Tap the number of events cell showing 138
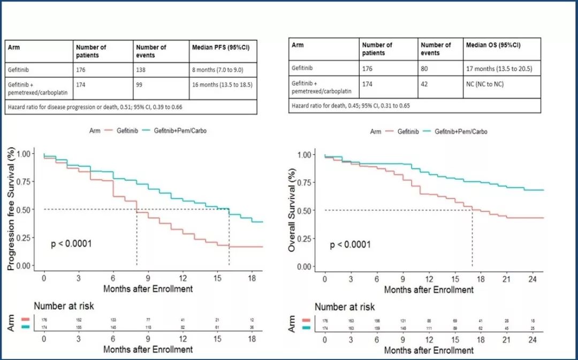(141, 70)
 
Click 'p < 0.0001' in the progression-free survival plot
(71, 244)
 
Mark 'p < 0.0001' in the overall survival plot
(350, 245)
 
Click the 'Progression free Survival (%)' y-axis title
(11, 210)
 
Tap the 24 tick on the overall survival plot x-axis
(532, 279)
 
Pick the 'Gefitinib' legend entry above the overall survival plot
(402, 131)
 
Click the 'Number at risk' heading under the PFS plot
(64, 306)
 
